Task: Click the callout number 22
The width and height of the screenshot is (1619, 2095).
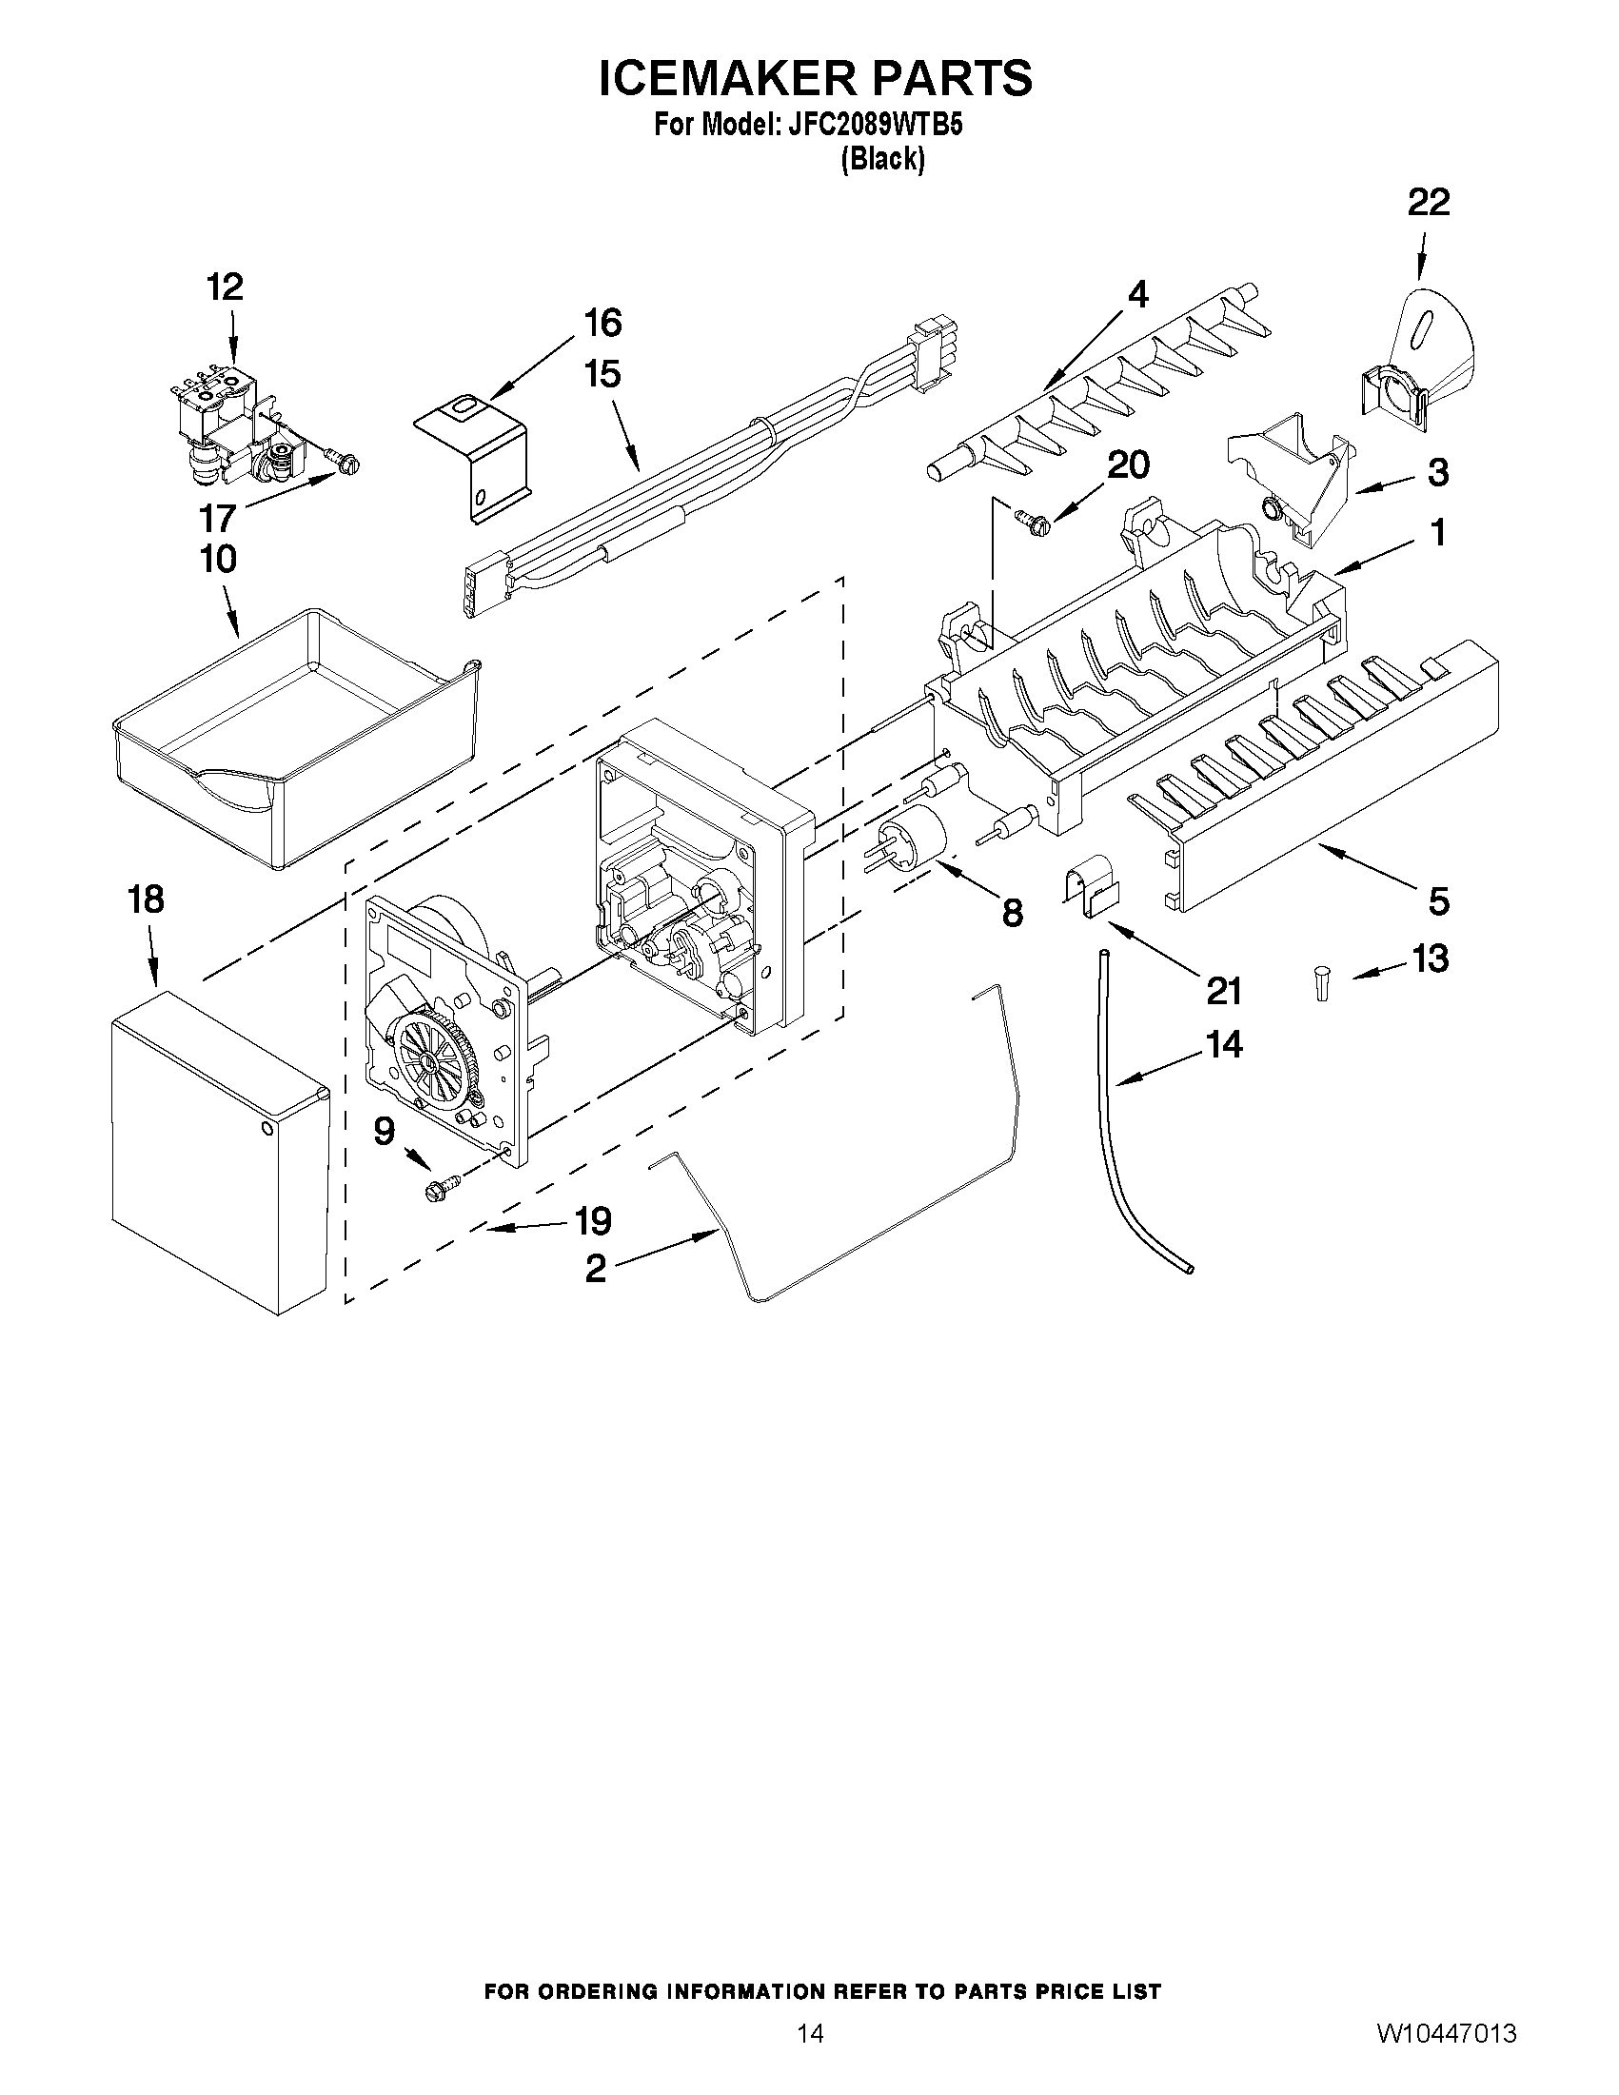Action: [x=1428, y=203]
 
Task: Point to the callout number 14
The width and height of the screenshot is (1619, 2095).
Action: [x=1223, y=1043]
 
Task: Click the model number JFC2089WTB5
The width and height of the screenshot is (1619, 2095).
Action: [x=875, y=125]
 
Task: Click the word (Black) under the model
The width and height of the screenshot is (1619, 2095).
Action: [x=882, y=159]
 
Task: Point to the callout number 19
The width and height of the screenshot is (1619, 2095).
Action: [x=592, y=1221]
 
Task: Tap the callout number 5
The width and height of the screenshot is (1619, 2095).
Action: [x=1438, y=900]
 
